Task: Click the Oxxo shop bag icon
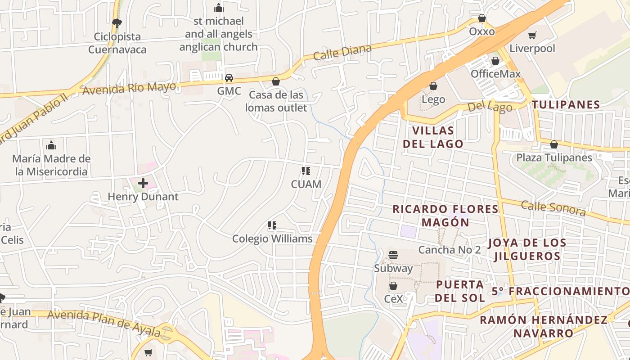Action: tap(482, 18)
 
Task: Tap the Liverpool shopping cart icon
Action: tap(532, 36)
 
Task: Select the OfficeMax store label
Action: tap(495, 74)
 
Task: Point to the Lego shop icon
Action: tap(433, 86)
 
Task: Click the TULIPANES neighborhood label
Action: tap(566, 105)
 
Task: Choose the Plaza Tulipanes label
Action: tap(554, 157)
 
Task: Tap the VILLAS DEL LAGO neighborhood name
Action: tap(433, 137)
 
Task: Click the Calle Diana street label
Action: tap(342, 53)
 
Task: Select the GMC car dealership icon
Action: tap(229, 78)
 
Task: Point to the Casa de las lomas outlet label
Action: tap(276, 101)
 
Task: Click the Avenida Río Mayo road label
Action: tap(129, 88)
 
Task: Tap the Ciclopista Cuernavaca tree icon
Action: tap(117, 23)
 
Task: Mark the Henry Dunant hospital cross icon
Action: tap(143, 183)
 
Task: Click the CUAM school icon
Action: tap(306, 171)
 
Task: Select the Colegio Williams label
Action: tap(272, 238)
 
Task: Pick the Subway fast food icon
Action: tap(393, 255)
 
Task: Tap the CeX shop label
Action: tap(393, 299)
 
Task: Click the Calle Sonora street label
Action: tap(553, 208)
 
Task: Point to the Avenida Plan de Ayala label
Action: tap(104, 323)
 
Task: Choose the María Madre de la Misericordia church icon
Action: tap(51, 145)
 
